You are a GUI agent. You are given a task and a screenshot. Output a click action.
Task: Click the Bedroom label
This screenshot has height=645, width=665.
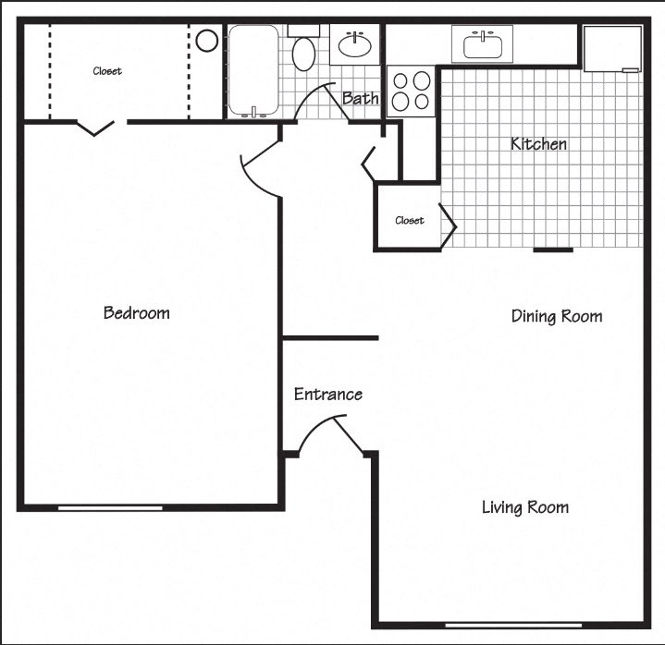pos(137,313)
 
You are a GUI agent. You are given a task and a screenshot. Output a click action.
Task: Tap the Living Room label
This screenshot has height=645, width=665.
pos(524,507)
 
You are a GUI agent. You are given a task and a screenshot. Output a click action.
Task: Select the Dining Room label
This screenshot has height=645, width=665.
pos(557,317)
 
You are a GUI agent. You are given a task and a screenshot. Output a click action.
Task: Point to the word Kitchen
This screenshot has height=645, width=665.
pos(538,144)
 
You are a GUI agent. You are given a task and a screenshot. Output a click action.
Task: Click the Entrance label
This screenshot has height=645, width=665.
pos(327,395)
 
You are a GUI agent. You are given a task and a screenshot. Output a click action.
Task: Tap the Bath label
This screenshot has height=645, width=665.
pos(360,98)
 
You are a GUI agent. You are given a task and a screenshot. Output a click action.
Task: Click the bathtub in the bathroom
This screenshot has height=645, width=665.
pos(252,71)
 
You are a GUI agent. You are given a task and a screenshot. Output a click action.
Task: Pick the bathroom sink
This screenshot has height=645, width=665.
pos(355,43)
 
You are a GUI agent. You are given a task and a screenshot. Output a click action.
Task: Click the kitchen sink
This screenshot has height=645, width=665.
pos(482,43)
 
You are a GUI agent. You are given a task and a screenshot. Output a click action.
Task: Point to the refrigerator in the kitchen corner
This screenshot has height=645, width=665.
pos(611,47)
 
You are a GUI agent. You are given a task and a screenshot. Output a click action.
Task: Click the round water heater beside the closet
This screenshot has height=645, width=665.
pos(206,41)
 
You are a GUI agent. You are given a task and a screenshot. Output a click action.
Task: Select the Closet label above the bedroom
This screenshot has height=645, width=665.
pos(106,71)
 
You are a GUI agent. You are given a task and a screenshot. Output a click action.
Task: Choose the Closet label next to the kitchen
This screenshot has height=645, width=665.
pos(409,220)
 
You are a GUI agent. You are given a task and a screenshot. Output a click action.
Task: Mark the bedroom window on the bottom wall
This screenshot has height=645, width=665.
pos(110,507)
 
